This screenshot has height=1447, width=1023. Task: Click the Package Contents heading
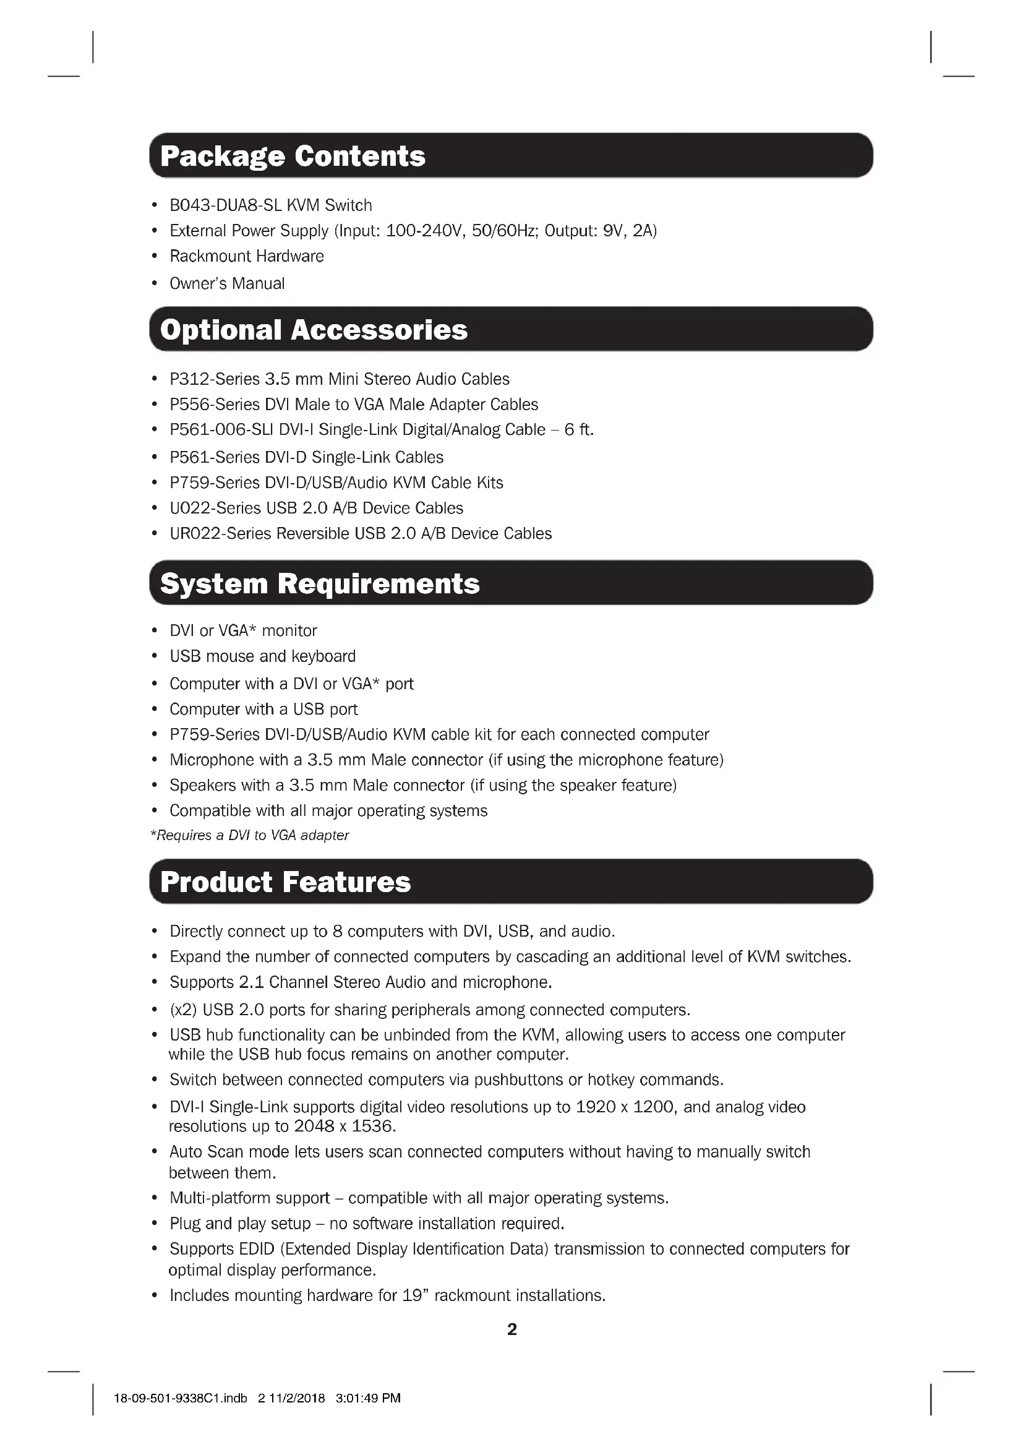coord(293,156)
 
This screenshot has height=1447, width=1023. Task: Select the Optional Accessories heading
coord(314,330)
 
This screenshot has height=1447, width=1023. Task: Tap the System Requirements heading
coord(319,583)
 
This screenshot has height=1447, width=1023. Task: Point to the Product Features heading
coord(285,882)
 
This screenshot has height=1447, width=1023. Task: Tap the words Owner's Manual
coord(227,283)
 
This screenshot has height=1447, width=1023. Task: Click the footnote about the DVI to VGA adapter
coord(249,836)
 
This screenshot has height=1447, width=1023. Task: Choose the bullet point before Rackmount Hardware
coord(155,257)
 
